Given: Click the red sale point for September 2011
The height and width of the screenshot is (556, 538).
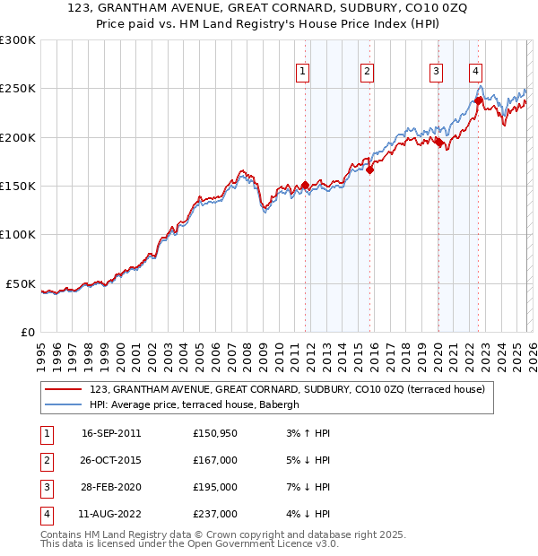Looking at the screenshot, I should tap(305, 186).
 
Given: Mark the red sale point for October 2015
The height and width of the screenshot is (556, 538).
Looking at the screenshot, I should tap(369, 169).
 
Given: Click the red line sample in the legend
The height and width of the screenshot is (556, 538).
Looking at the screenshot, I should tap(64, 389).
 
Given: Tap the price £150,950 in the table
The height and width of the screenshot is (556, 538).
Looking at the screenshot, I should tap(214, 433).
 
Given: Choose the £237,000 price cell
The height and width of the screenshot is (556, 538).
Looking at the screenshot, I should tap(214, 514).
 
